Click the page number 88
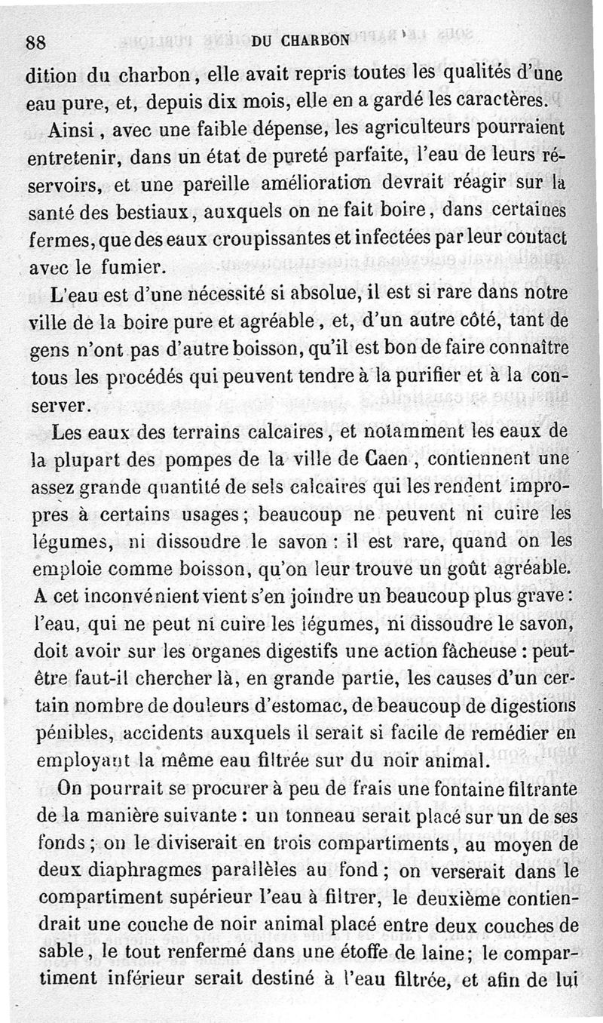click(x=36, y=43)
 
